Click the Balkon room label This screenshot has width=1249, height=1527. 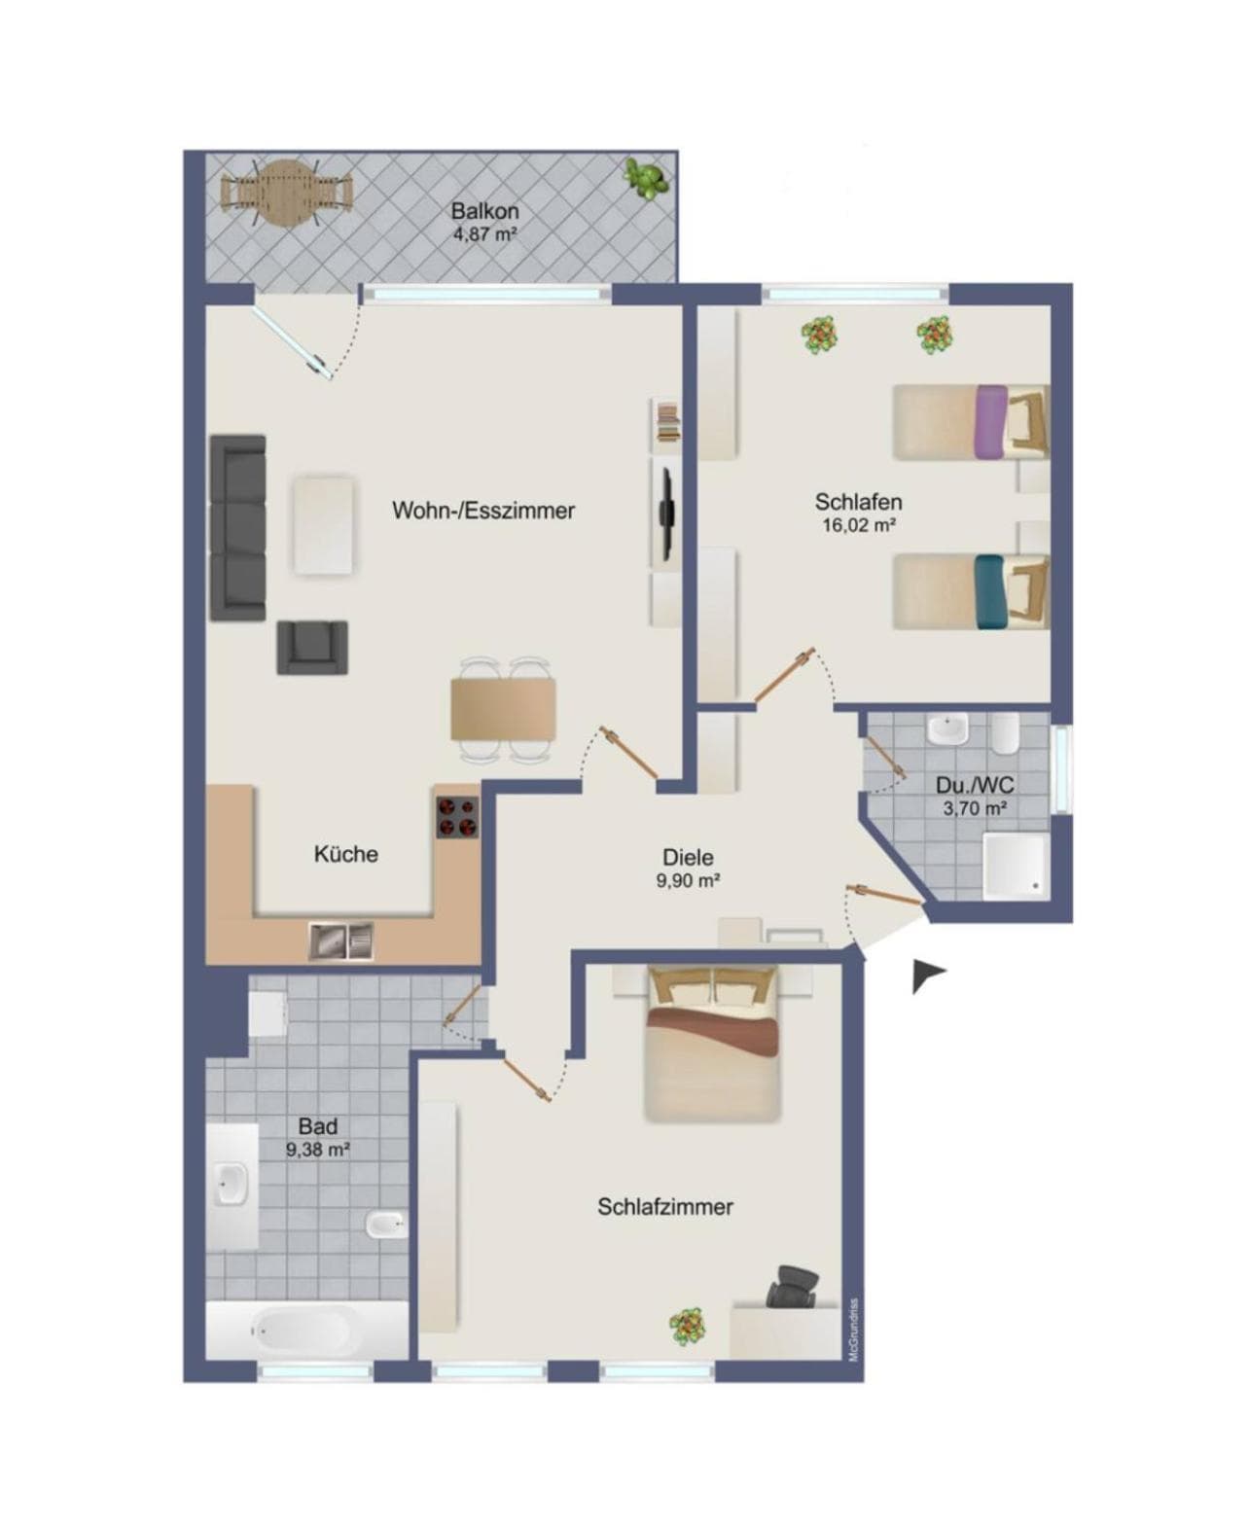tap(484, 211)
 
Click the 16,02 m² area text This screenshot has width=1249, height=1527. tap(859, 525)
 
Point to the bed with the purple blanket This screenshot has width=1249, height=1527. tap(970, 422)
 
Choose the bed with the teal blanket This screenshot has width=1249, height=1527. tap(970, 590)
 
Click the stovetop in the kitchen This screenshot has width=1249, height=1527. tap(457, 817)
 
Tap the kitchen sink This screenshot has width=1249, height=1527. tap(341, 941)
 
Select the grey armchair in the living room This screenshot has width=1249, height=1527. tap(312, 648)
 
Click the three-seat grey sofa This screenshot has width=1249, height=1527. tap(237, 528)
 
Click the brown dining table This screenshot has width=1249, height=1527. tap(503, 709)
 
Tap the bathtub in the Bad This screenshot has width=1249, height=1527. tap(307, 1331)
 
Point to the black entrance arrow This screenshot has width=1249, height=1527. tap(927, 976)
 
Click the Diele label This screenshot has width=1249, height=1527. tap(688, 857)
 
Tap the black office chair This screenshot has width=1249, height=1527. tap(795, 1287)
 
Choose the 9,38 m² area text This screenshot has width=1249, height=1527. tap(318, 1149)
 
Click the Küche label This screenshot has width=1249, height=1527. tap(346, 854)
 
